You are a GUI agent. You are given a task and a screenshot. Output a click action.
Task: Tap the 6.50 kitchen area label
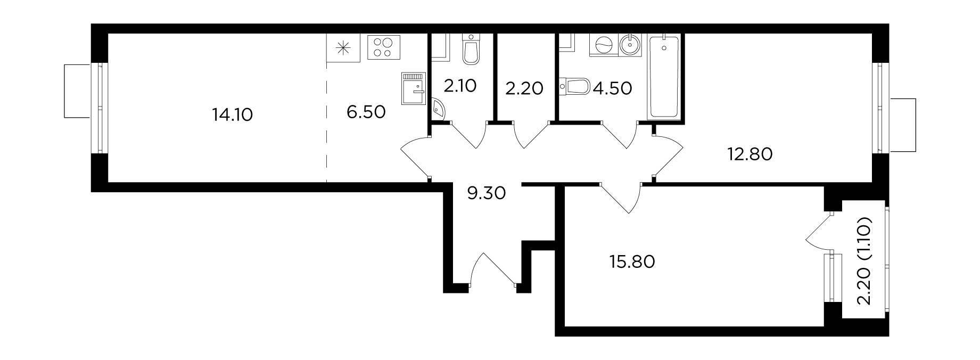pyautogui.click(x=366, y=112)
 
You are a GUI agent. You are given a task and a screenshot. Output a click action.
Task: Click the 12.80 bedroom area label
pyautogui.click(x=750, y=154)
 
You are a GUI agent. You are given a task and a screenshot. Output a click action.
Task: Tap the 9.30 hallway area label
pyautogui.click(x=486, y=192)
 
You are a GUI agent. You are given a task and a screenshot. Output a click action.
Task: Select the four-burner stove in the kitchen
pyautogui.click(x=383, y=46)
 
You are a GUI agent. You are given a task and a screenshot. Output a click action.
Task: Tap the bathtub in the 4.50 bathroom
pyautogui.click(x=663, y=76)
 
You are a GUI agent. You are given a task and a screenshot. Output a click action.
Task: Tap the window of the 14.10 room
pyautogui.click(x=100, y=108)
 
